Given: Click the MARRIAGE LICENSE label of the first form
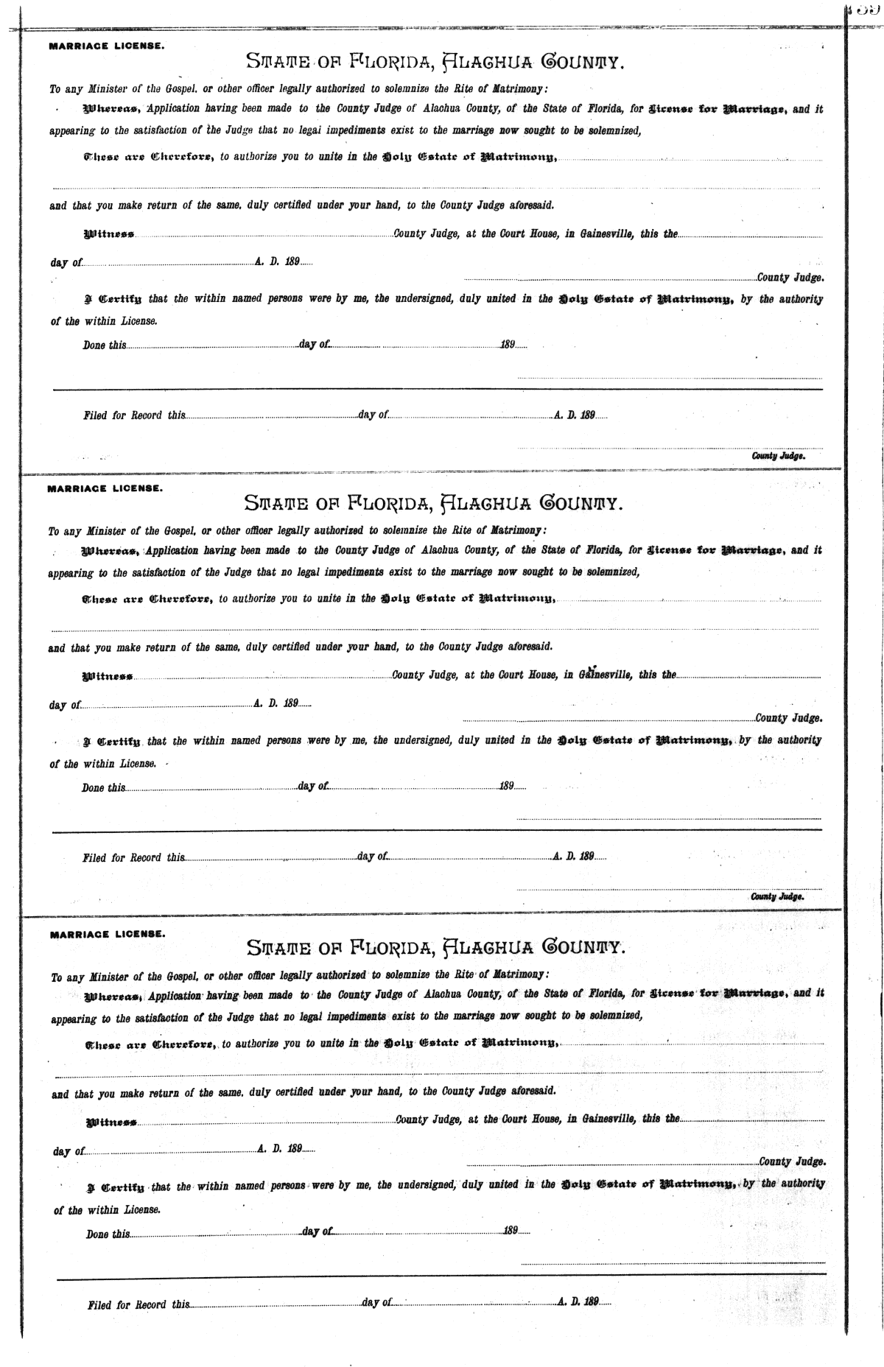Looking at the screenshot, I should point(106,46).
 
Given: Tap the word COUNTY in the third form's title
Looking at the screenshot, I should point(583,946).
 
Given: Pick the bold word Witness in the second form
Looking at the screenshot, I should point(107,677).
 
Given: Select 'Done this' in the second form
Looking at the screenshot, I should point(103,787).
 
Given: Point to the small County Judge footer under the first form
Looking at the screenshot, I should point(778,456).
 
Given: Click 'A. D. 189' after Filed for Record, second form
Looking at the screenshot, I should point(574,857).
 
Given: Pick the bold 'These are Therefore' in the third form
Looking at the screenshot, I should point(150,1044).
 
